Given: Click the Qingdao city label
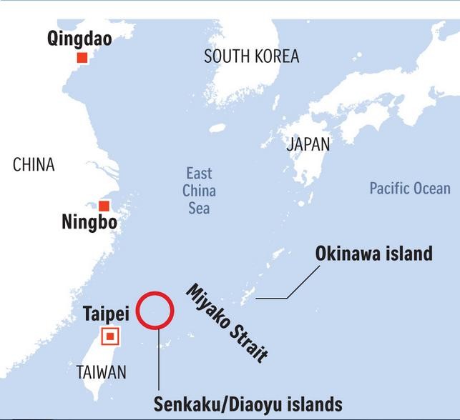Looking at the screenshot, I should (79, 39).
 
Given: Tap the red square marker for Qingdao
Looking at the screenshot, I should (82, 58).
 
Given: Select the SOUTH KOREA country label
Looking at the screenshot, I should (251, 56).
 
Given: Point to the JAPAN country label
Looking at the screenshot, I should (308, 144).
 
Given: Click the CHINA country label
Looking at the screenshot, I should (34, 165).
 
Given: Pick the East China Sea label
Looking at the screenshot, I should (199, 191).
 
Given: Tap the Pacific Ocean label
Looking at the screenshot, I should (410, 189).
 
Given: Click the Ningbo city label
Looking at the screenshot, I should (89, 223).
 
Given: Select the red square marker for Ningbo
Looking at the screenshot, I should (104, 206).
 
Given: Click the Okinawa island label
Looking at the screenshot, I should (374, 254).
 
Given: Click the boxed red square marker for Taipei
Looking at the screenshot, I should (110, 336).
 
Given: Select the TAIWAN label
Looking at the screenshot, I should (102, 372).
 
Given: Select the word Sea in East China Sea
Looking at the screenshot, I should (199, 208).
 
